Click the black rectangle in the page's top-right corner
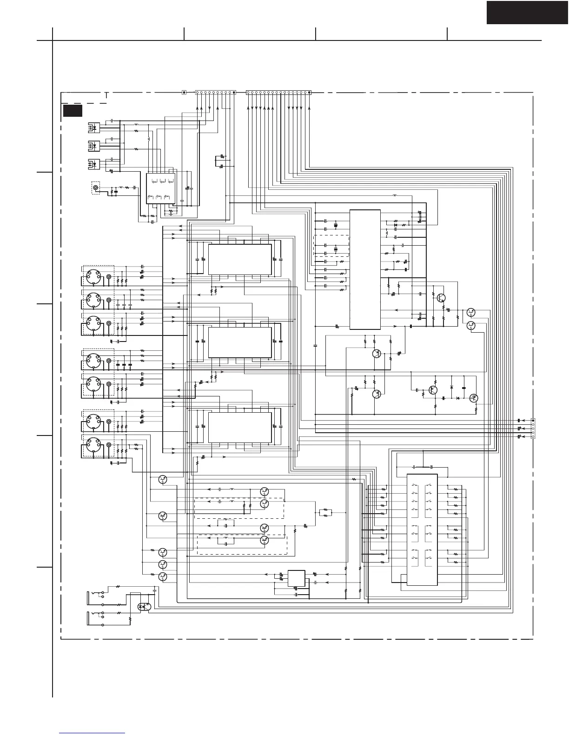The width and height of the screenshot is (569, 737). click(527, 12)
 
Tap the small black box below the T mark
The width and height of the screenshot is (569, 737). click(73, 111)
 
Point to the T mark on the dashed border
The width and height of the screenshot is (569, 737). click(106, 95)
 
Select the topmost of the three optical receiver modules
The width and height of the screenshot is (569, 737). click(93, 127)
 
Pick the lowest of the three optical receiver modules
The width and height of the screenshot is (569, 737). click(93, 164)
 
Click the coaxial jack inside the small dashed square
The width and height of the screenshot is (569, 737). click(96, 188)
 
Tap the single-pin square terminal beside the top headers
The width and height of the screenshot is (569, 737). click(184, 93)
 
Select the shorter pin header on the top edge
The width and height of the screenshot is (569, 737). click(215, 93)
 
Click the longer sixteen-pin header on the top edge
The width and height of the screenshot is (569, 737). click(278, 93)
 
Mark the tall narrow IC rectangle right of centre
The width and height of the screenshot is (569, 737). click(365, 269)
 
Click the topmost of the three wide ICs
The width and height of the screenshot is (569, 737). click(240, 259)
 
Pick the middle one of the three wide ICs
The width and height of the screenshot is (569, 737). click(240, 342)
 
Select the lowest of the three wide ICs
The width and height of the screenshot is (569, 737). click(240, 427)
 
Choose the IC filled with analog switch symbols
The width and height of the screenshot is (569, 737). click(422, 529)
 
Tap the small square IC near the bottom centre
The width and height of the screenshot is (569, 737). click(297, 579)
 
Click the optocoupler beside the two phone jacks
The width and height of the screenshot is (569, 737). click(144, 607)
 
